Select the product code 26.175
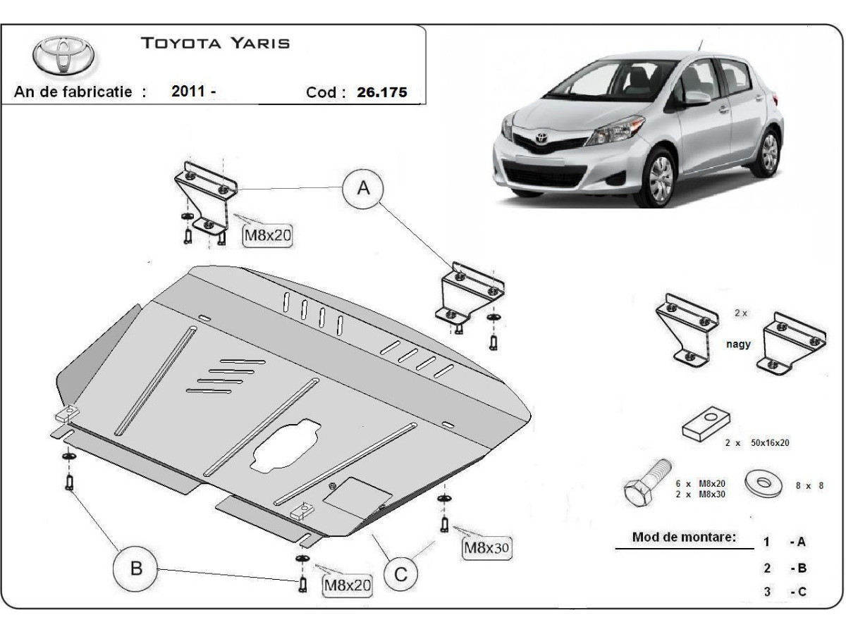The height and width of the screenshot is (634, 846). [x=381, y=92]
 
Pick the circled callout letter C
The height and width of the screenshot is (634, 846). [x=400, y=574]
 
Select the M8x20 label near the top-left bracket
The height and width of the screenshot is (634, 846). [x=267, y=235]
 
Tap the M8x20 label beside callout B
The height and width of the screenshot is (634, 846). [x=347, y=584]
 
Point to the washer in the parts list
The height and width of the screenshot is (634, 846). [x=764, y=484]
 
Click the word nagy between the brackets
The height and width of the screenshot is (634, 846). [x=738, y=344]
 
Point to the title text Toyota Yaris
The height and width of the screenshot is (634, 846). [x=216, y=43]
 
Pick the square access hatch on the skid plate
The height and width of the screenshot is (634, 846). [x=357, y=495]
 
